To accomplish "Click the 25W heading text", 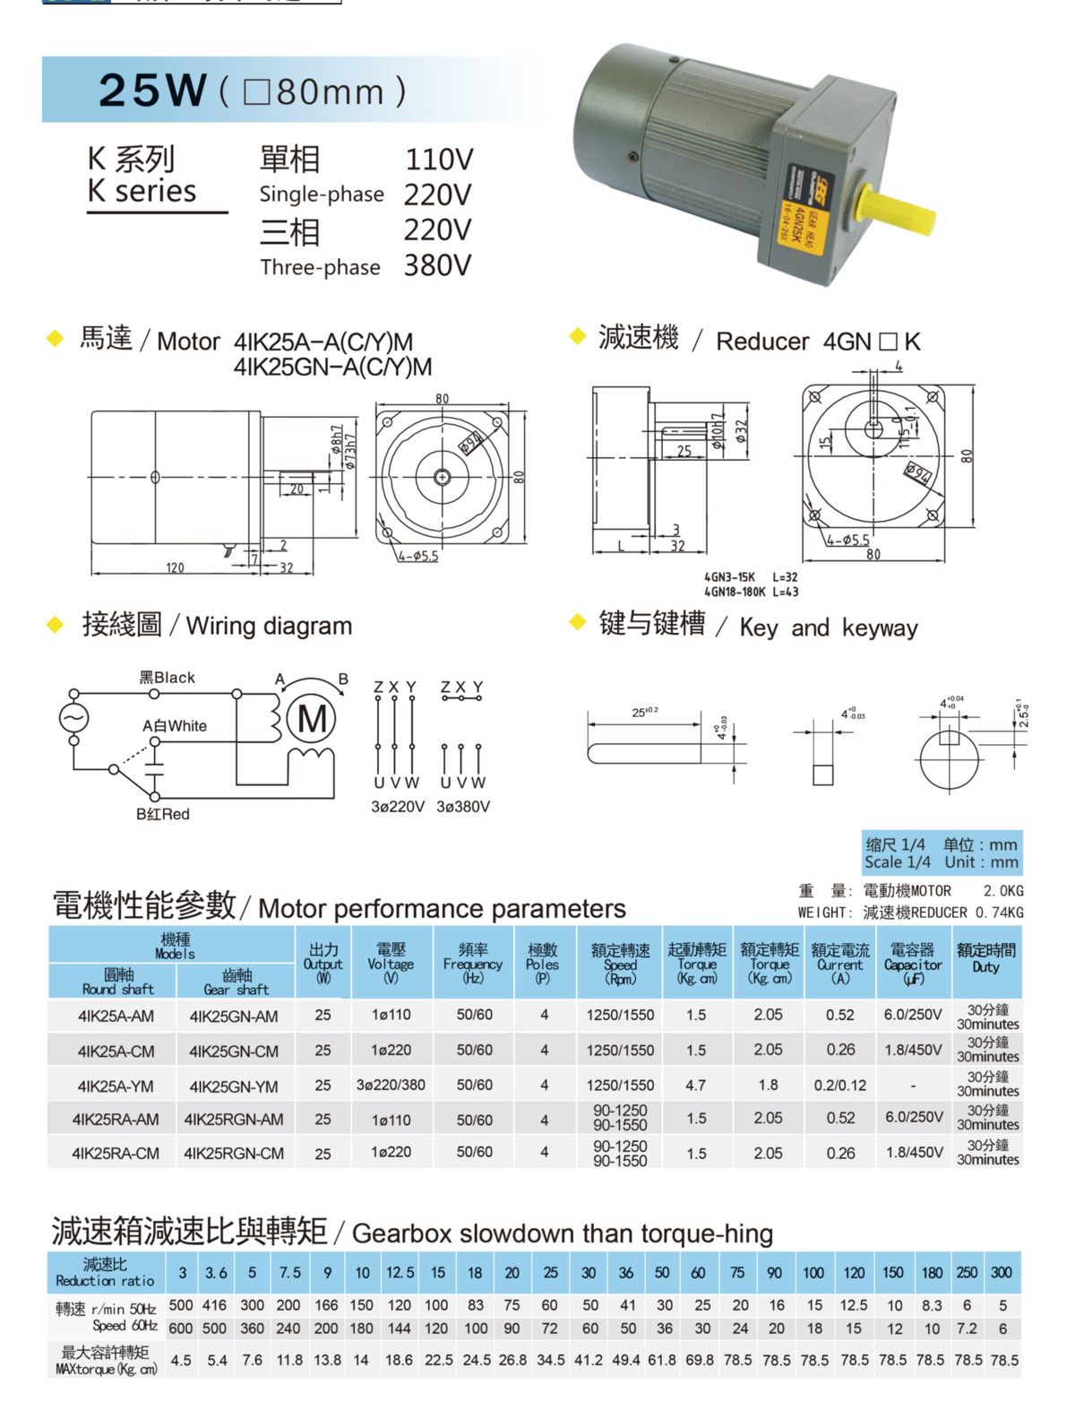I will coord(152,90).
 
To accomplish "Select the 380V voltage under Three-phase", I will coord(437,265).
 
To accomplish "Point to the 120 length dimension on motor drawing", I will coord(175,567).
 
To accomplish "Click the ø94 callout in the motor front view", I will coord(471,442).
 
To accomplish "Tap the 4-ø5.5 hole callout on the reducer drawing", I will coord(847,540).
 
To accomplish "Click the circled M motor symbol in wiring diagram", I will coord(312,719).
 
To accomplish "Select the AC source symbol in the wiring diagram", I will coord(73,718).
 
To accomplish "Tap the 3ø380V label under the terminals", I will coord(463,806).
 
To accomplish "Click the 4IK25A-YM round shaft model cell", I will coord(116,1086).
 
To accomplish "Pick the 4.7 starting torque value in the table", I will coord(695,1085).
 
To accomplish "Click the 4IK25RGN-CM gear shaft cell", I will coord(234,1154).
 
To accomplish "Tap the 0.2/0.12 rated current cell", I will coord(839,1085).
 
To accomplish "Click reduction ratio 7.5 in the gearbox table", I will coord(289,1272).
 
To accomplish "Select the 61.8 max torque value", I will coord(662,1360).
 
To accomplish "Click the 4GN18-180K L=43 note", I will coord(751,592).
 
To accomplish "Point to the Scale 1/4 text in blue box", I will coord(897,862).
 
